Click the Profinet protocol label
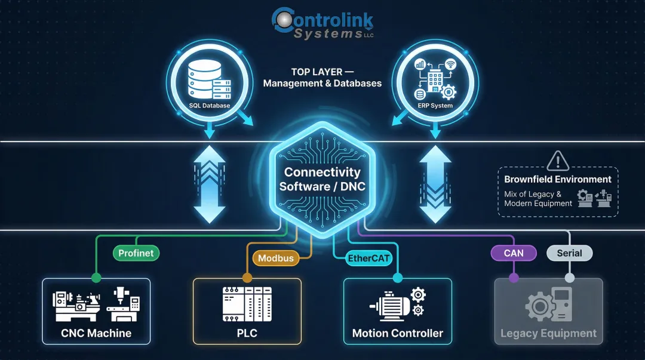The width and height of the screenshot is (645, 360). (136, 253)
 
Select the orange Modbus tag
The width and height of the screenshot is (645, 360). (276, 259)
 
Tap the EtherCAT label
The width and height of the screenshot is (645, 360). (369, 259)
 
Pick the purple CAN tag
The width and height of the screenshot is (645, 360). (514, 253)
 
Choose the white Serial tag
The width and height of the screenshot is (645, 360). (569, 253)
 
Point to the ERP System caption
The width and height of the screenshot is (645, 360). (435, 106)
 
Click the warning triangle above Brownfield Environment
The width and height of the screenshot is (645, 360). (558, 161)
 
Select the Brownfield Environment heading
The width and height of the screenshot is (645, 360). (558, 179)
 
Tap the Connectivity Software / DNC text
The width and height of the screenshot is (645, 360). (322, 179)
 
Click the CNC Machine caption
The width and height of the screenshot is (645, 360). (96, 333)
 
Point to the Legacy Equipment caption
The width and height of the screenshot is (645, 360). (548, 334)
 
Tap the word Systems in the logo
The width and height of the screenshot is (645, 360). (328, 34)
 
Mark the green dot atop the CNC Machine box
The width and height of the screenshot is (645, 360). (96, 278)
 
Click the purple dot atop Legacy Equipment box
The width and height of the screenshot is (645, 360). (514, 278)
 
